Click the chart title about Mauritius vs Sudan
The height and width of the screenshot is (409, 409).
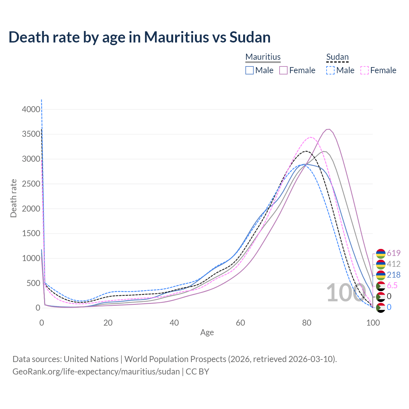(x=140, y=37)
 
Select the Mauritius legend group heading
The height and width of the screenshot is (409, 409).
(x=263, y=57)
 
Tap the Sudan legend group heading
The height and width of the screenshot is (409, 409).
(x=337, y=57)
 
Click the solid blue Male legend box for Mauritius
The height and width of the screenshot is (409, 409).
(x=250, y=70)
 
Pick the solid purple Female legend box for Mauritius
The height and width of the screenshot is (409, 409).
(x=284, y=70)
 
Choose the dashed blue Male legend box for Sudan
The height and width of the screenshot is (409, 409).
(x=330, y=70)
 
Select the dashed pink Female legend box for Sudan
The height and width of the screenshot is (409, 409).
(x=365, y=70)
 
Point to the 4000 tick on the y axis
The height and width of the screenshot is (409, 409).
(x=31, y=109)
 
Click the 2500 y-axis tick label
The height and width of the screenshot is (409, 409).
(x=31, y=184)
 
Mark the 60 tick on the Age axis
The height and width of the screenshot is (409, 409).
(x=240, y=323)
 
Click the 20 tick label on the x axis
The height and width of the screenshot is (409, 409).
(x=108, y=323)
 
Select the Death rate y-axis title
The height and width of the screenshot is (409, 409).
(x=13, y=198)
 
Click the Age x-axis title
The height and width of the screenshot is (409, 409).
(x=207, y=333)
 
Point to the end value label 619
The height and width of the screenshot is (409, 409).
(x=394, y=253)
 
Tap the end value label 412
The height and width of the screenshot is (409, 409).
(x=394, y=264)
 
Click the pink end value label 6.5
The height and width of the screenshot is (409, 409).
(x=392, y=285)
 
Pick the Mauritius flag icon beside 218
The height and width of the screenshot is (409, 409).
(x=381, y=275)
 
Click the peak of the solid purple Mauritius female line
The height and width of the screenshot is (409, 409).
(x=328, y=129)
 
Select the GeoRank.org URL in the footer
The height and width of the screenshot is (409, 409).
(x=96, y=372)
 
